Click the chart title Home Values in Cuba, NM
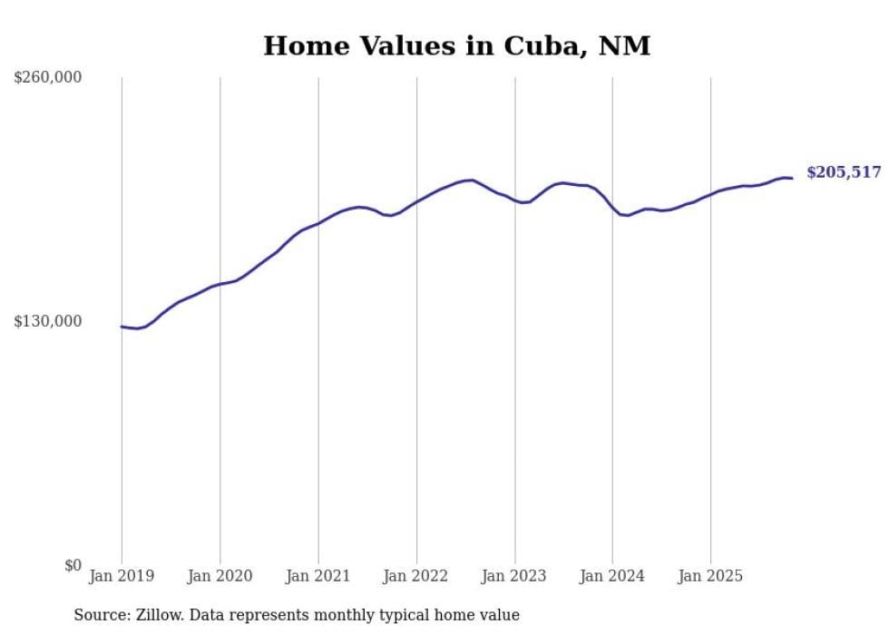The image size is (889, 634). [x=456, y=46]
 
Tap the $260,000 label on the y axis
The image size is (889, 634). [x=48, y=78]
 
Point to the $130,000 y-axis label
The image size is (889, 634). [x=48, y=321]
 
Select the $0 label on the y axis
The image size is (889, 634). [x=73, y=565]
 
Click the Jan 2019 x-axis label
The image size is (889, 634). [x=122, y=576]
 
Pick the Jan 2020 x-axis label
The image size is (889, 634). [x=220, y=576]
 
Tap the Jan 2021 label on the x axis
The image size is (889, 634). [x=317, y=576]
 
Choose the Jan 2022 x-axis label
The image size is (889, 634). [x=416, y=576]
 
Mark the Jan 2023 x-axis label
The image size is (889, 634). [x=514, y=576]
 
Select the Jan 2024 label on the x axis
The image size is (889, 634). [x=612, y=576]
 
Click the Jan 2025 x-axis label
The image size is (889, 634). [x=710, y=576]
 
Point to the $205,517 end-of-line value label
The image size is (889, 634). [x=843, y=172]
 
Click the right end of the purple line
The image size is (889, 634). [x=792, y=178]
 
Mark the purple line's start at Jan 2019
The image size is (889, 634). [x=122, y=327]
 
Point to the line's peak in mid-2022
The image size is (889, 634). [x=471, y=180]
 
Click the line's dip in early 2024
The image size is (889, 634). [x=626, y=215]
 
